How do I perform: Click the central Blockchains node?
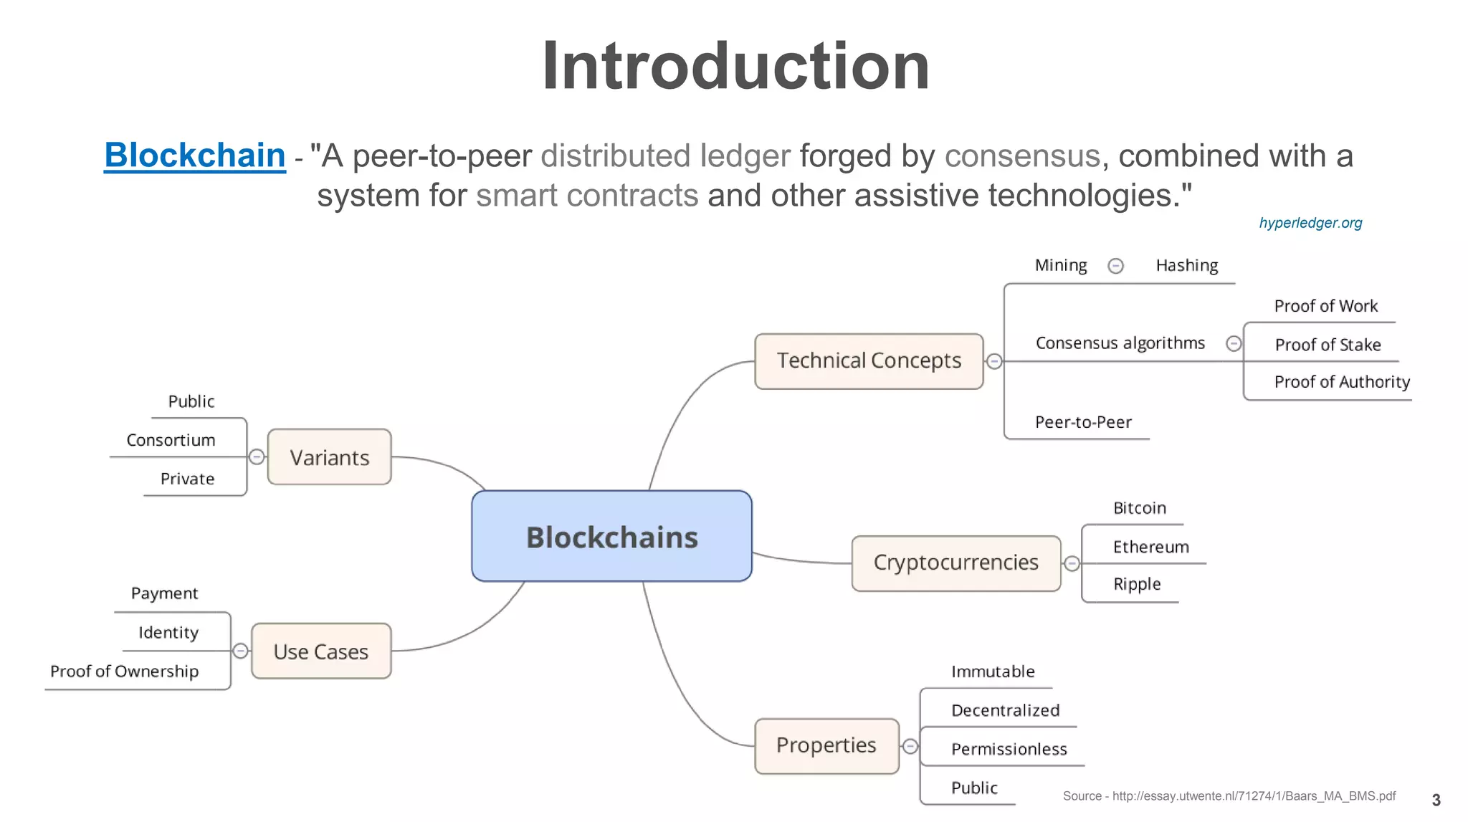pyautogui.click(x=611, y=537)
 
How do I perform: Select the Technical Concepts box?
pyautogui.click(x=869, y=361)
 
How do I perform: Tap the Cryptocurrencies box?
pyautogui.click(x=955, y=563)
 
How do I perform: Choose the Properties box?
pyautogui.click(x=826, y=746)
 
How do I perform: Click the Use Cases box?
pyautogui.click(x=321, y=651)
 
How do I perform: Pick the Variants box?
pyautogui.click(x=329, y=457)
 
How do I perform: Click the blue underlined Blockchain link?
pyautogui.click(x=195, y=156)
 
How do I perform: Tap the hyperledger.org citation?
pyautogui.click(x=1310, y=223)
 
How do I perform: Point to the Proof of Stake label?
pyautogui.click(x=1328, y=345)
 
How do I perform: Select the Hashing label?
pyautogui.click(x=1187, y=266)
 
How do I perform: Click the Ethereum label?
pyautogui.click(x=1150, y=548)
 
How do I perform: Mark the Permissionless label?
pyautogui.click(x=1009, y=750)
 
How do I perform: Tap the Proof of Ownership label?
pyautogui.click(x=125, y=672)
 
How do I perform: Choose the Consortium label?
pyautogui.click(x=171, y=440)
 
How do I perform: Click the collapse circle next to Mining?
pyautogui.click(x=1116, y=267)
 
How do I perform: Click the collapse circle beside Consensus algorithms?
pyautogui.click(x=1234, y=344)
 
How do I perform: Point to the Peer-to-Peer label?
pyautogui.click(x=1083, y=423)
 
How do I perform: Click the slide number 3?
pyautogui.click(x=1436, y=801)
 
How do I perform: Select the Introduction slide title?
pyautogui.click(x=735, y=67)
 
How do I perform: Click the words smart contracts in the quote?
pyautogui.click(x=587, y=196)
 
